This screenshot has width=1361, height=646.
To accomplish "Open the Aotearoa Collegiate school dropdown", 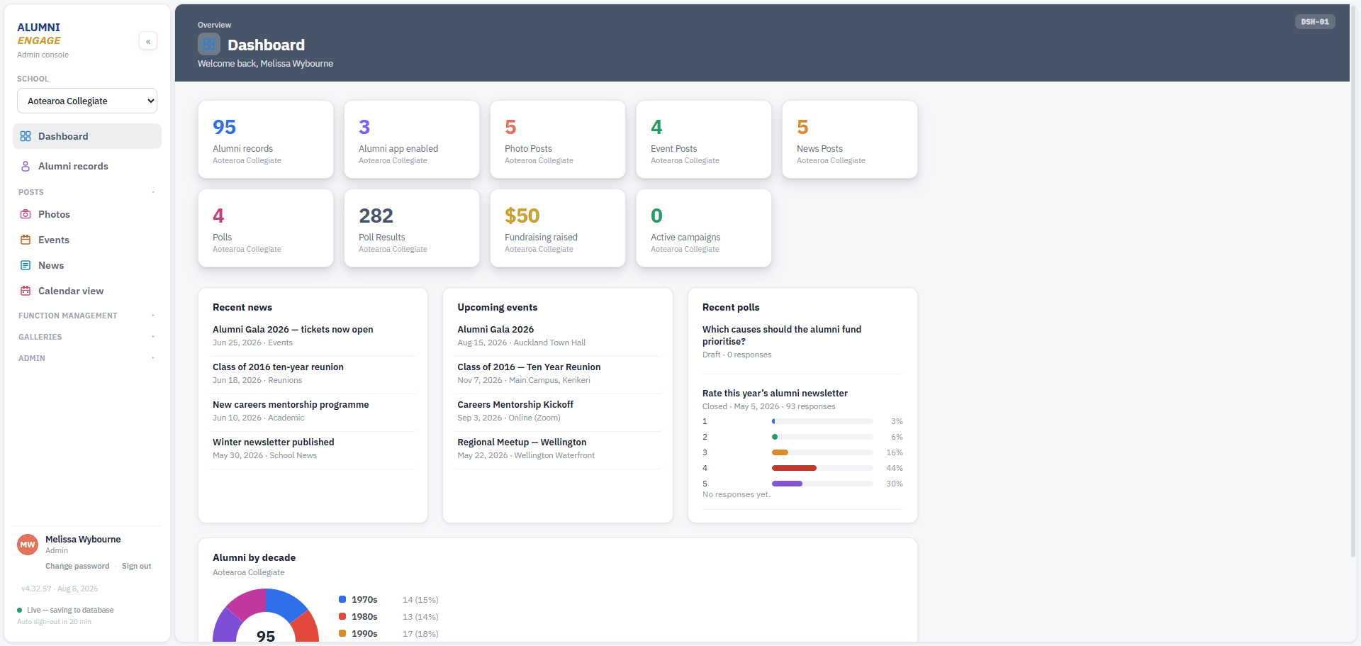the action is [87, 101].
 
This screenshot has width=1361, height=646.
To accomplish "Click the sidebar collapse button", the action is [148, 41].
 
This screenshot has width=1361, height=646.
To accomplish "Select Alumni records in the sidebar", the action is [73, 166].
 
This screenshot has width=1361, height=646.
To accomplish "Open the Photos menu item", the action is [54, 214].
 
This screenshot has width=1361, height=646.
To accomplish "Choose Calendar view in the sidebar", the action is [71, 291].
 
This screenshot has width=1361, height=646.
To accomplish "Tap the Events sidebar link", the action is [54, 240].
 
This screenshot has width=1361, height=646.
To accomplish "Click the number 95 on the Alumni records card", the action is [224, 127].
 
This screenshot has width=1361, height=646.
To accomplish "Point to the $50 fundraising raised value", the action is [522, 216].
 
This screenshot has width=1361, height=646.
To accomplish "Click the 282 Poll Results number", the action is [376, 216].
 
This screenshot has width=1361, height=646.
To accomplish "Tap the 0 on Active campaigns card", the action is [656, 216].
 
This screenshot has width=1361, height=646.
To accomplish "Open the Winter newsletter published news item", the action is [274, 442].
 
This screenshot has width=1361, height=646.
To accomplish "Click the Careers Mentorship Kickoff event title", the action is [515, 404].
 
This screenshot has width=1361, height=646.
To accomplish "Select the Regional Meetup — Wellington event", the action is [522, 442].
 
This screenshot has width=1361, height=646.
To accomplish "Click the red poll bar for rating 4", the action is [794, 468].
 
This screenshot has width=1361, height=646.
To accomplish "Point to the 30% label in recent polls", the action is [895, 484].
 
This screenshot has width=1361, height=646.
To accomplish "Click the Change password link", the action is [77, 566].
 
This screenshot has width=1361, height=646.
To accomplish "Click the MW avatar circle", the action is [28, 545].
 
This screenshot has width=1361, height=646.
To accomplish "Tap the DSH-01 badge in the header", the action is [1315, 22].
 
